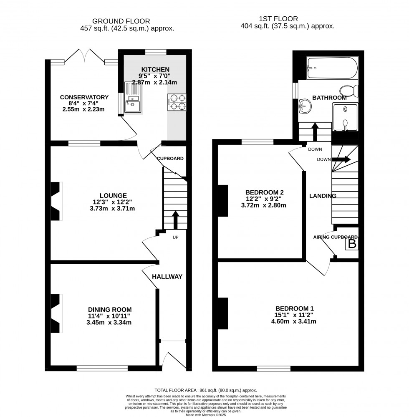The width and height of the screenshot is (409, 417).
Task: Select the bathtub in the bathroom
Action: coord(332,68)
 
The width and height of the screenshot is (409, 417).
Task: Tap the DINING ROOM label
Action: coord(110,309)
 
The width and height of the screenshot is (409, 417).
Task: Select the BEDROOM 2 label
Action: coord(265,192)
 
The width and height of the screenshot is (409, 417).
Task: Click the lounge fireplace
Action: coord(56,201)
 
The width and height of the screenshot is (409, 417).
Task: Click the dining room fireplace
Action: coord(56,313)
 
